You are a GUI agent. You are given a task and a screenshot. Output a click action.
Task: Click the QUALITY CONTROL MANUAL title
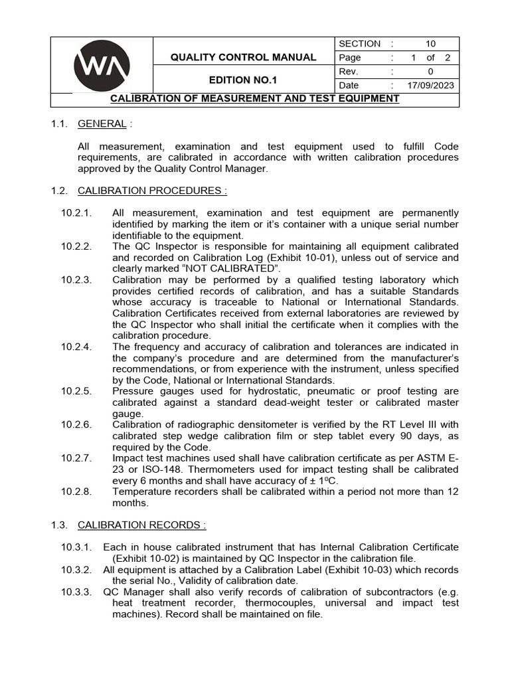(x=243, y=57)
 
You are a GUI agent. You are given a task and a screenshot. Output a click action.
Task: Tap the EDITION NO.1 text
(x=243, y=79)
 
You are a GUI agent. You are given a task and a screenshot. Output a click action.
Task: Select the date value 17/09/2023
(x=431, y=85)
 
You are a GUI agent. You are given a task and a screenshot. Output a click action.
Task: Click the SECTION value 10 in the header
(x=431, y=44)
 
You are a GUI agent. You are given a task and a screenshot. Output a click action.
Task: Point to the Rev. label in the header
(x=349, y=71)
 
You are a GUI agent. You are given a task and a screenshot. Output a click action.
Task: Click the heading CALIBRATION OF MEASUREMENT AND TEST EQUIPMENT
(x=254, y=99)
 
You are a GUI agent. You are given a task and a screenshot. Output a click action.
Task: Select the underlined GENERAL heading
(x=102, y=124)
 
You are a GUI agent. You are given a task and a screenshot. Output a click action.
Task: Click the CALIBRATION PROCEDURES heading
(x=152, y=191)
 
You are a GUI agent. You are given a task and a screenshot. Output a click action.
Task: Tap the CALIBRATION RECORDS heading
(x=141, y=525)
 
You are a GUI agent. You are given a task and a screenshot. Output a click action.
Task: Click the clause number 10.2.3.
(x=76, y=280)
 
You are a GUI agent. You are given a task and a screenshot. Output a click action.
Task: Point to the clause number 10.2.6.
(x=76, y=425)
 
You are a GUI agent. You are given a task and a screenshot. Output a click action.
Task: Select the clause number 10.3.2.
(x=76, y=570)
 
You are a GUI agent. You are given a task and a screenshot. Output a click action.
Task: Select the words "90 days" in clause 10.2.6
(x=411, y=436)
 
